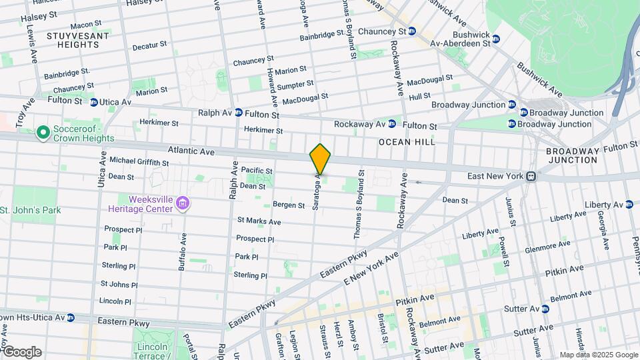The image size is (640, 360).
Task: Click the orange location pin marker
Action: tap(320, 159)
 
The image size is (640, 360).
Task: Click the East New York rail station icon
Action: tap(531, 177)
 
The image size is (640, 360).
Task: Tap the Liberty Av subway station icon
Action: tap(629, 205)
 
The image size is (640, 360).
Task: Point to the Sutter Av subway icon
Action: tap(545, 309)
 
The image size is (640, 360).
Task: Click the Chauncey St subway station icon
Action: tap(411, 31)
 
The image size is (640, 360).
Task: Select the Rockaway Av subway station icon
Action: tap(392, 124)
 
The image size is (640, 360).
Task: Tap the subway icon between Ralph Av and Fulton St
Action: tap(238, 114)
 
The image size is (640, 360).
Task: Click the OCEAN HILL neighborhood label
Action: tap(407, 142)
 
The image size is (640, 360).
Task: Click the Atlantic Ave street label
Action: tap(191, 152)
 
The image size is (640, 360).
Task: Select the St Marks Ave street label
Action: tap(259, 221)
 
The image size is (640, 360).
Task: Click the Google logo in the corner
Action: tap(21, 352)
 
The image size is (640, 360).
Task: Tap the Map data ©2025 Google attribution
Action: tap(598, 355)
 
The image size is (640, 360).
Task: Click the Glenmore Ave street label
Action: tap(547, 247)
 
